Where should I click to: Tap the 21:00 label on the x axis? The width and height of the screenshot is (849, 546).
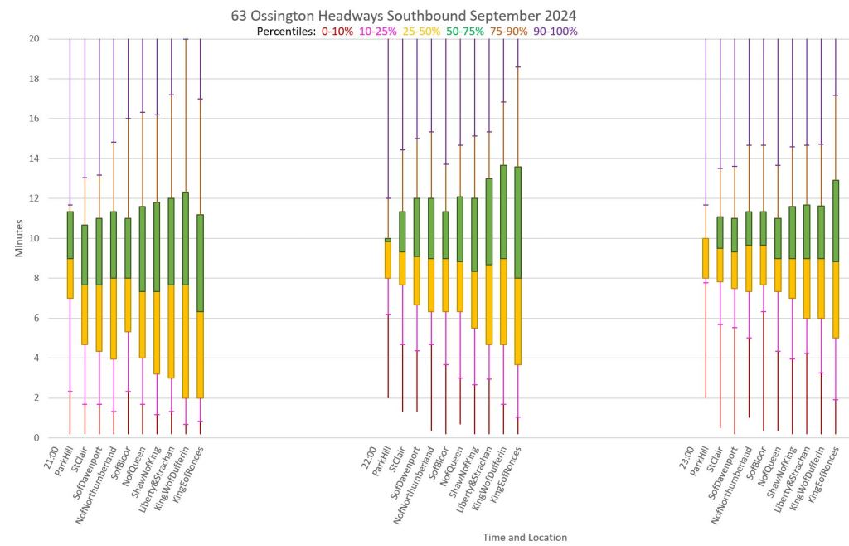click(50, 456)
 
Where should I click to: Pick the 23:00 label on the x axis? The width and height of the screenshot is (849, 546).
click(688, 456)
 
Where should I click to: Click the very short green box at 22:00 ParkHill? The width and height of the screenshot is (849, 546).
click(387, 240)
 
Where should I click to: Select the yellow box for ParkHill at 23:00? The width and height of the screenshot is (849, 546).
click(706, 258)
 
